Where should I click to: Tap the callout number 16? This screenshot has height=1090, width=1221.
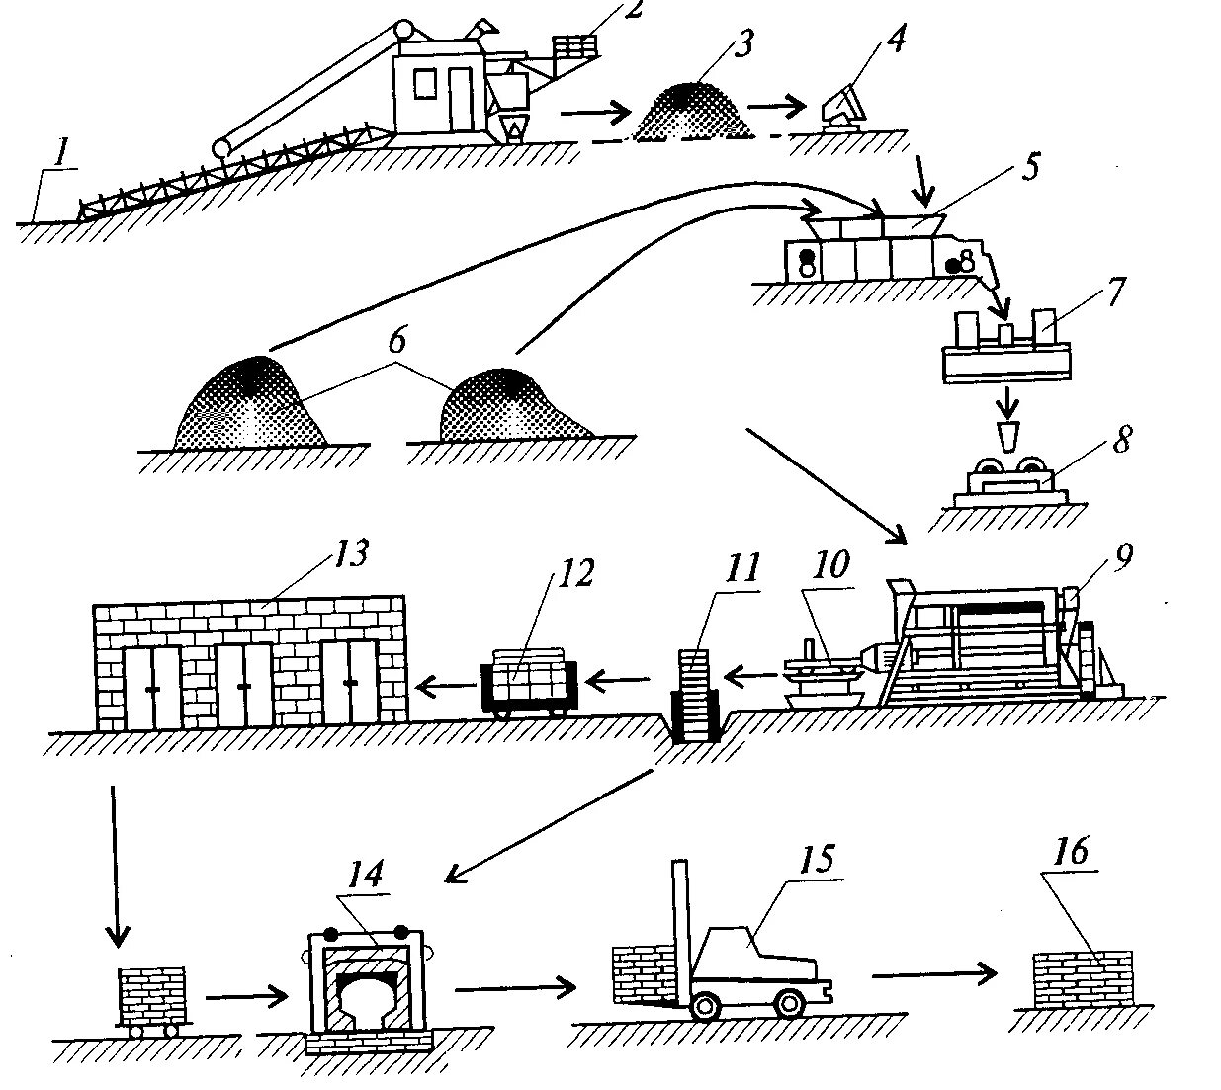pyautogui.click(x=1072, y=851)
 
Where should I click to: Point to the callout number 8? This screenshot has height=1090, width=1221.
pyautogui.click(x=1121, y=440)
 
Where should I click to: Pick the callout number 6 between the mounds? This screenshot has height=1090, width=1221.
pyautogui.click(x=395, y=340)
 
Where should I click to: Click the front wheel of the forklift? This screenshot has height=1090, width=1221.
pyautogui.click(x=705, y=1005)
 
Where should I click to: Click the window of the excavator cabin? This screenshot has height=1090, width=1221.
pyautogui.click(x=424, y=85)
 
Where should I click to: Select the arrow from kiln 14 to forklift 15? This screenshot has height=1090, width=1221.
pyautogui.click(x=514, y=985)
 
